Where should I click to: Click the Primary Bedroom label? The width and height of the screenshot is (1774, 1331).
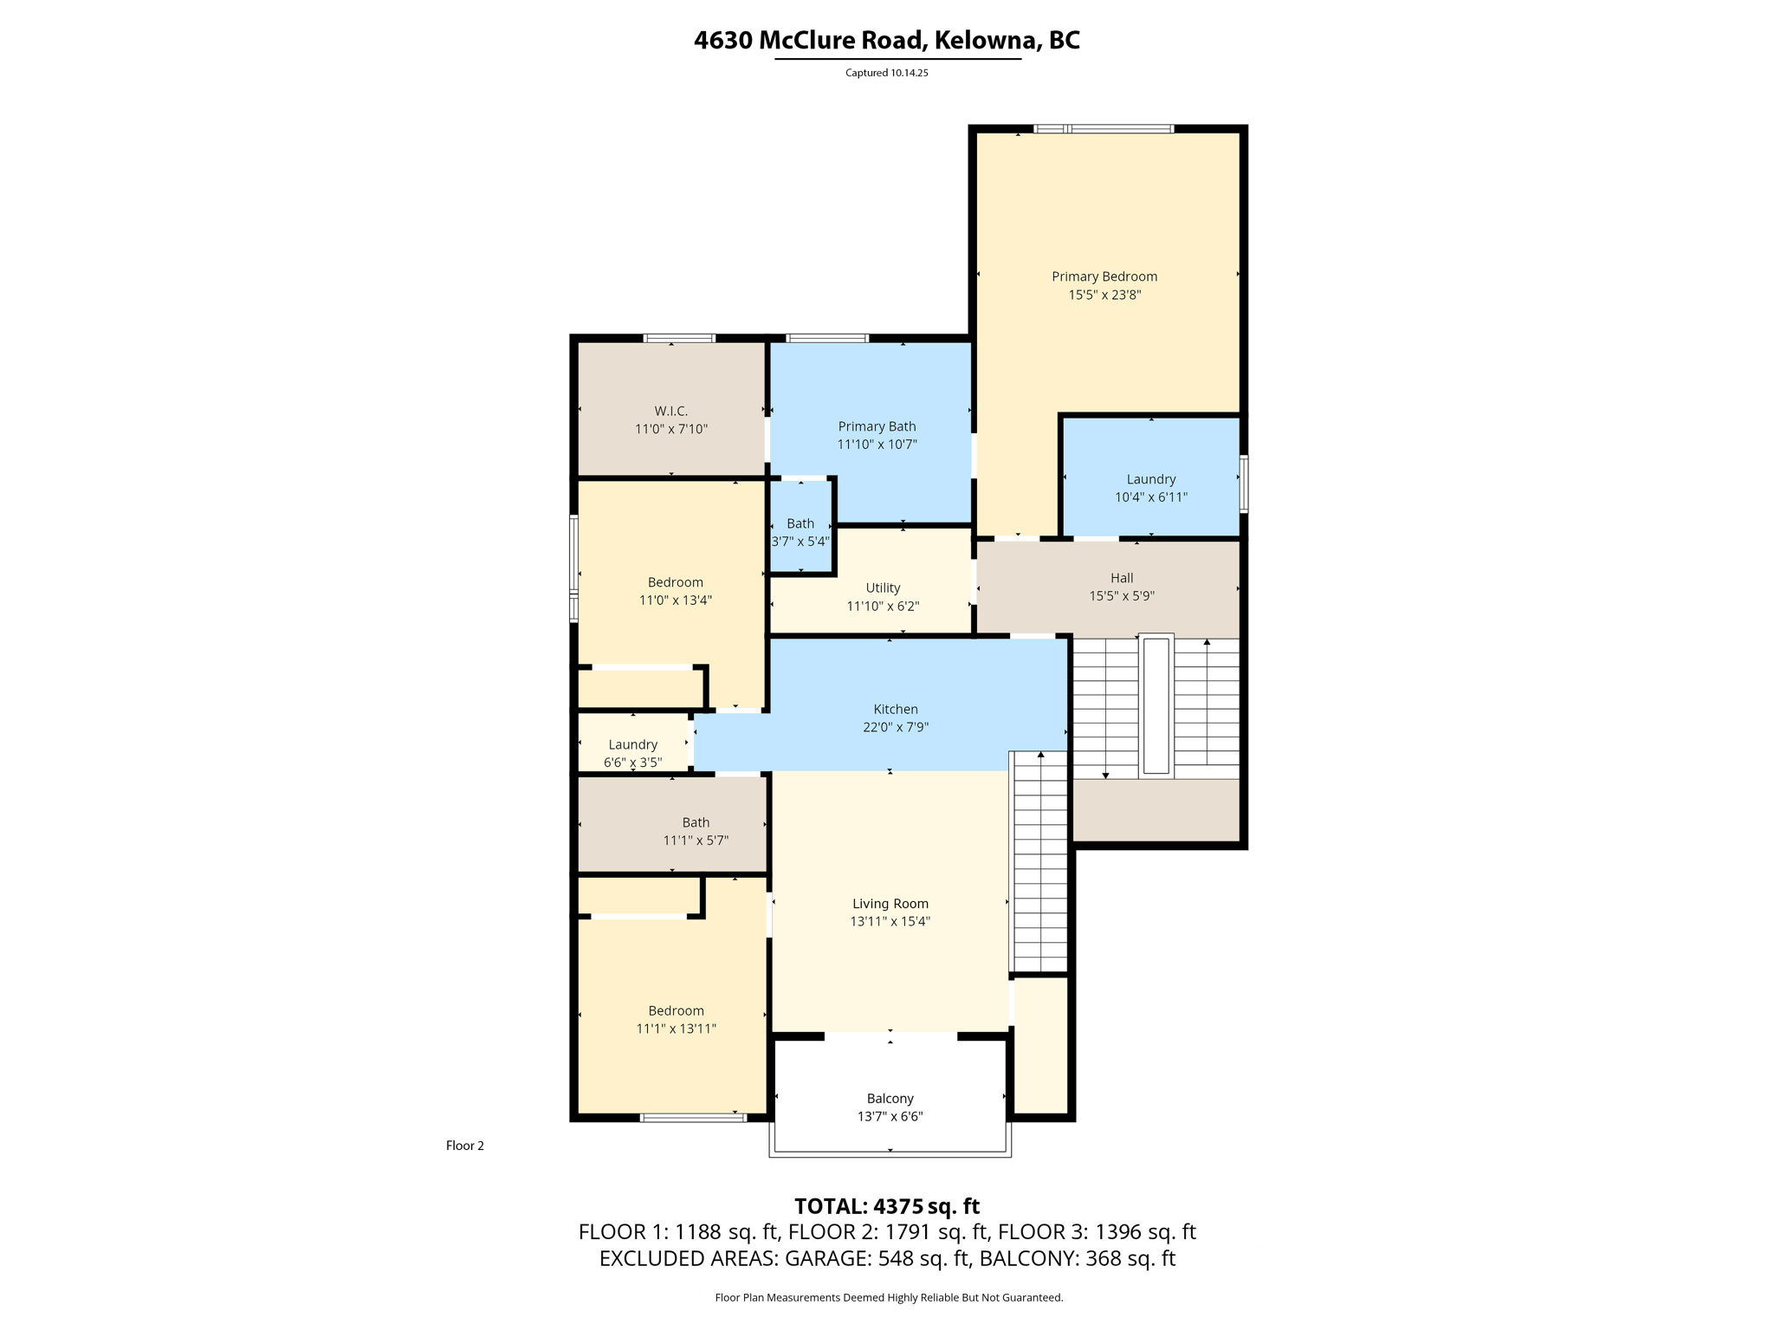point(1104,276)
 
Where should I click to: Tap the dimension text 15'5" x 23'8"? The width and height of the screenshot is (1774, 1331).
point(1104,295)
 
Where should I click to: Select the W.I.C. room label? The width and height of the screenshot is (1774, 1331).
point(670,411)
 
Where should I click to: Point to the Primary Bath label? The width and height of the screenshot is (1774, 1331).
point(877,426)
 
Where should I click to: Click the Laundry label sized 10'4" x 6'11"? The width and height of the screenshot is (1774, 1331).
point(1150,479)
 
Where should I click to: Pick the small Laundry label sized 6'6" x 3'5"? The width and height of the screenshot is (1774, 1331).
point(632,744)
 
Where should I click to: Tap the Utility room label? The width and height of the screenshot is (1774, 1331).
point(883,588)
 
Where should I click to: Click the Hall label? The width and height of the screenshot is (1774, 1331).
point(1121,578)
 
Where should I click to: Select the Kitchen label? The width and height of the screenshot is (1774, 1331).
point(895,709)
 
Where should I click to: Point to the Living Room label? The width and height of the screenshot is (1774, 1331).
point(890,903)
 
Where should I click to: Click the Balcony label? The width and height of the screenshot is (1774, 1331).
point(890,1098)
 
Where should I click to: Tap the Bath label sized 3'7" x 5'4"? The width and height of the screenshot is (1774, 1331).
point(800,523)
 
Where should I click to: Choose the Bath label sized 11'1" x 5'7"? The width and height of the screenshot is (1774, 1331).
point(696,822)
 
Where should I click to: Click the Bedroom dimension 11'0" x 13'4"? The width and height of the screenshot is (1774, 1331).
point(675,601)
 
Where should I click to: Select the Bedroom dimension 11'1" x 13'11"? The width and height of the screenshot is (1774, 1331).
point(676,1029)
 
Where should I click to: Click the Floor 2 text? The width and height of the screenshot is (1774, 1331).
point(464,1146)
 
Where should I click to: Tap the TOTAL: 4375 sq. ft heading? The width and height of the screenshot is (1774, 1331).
point(886,1206)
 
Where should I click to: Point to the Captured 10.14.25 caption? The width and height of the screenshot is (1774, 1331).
point(886,73)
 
